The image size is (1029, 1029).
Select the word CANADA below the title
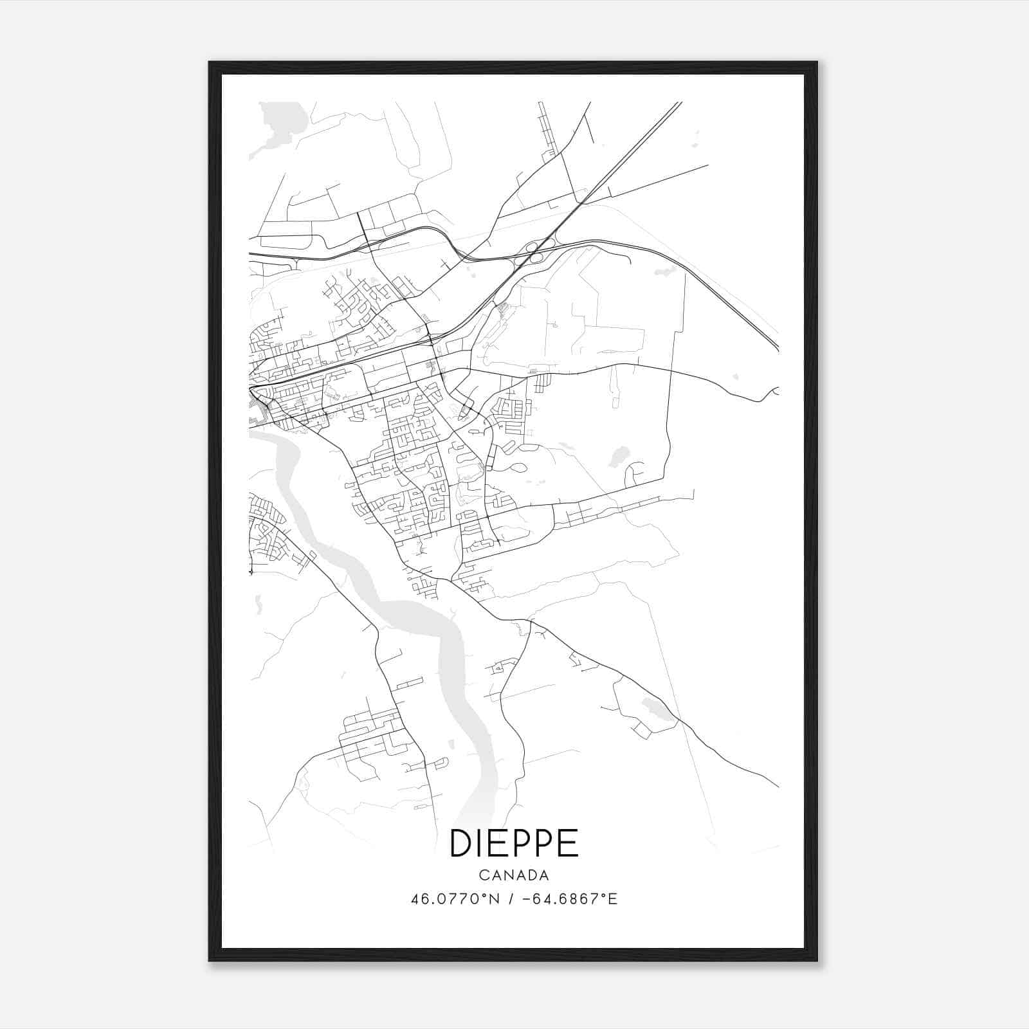(514, 875)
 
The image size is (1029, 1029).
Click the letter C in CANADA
(483, 875)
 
